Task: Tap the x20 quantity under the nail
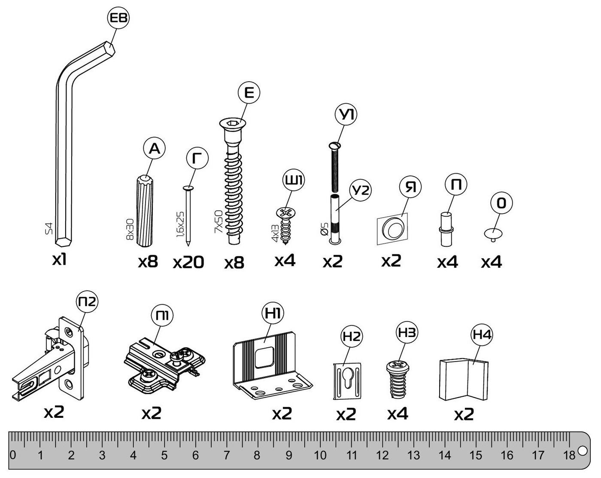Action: (188, 262)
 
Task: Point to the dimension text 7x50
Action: (219, 222)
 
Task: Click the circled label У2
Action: (360, 190)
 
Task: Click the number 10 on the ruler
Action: (320, 455)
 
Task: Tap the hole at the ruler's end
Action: (582, 450)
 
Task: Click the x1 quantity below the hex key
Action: (59, 260)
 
